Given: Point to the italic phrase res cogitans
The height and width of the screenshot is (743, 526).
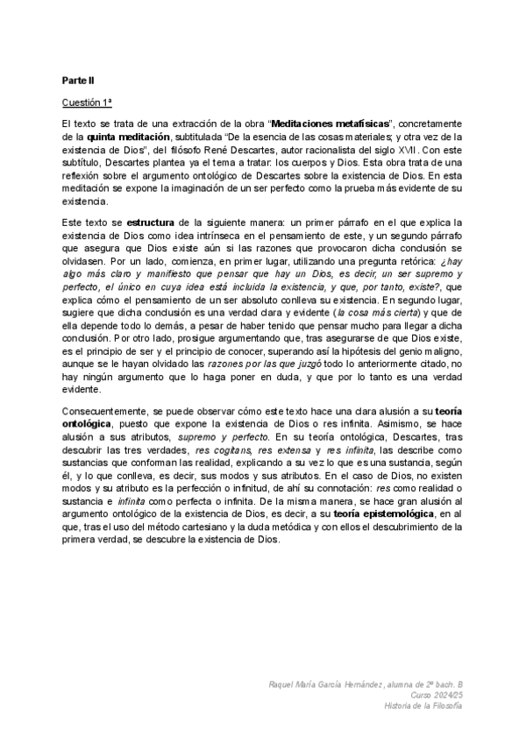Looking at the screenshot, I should click(223, 460).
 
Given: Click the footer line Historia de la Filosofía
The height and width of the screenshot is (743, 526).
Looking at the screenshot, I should click(418, 706).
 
